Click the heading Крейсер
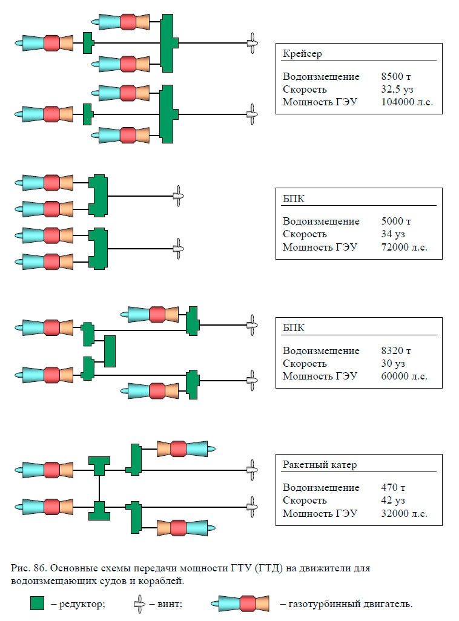(302, 54)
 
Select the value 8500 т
(396, 77)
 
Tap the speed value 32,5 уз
(397, 90)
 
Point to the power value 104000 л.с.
(407, 102)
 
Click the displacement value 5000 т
(396, 222)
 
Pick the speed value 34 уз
(392, 234)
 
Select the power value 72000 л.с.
(404, 247)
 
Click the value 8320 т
(396, 351)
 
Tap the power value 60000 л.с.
(404, 376)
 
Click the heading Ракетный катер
(320, 465)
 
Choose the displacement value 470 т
(393, 488)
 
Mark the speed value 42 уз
(392, 501)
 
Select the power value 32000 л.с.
(404, 513)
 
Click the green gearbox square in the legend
(38, 603)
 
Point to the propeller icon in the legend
(140, 603)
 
